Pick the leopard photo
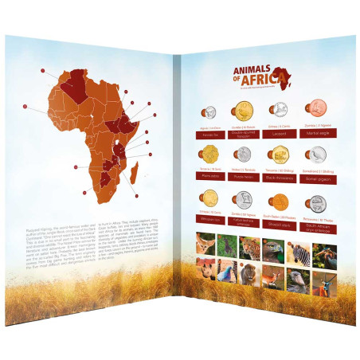click(249, 247)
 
